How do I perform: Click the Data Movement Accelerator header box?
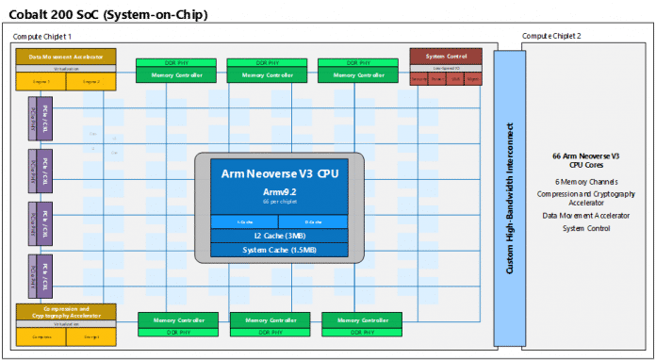[66, 57]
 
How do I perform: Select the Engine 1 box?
[41, 82]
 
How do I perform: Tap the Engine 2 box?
[90, 82]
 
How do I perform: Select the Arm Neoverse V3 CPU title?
[279, 174]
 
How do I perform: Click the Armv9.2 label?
[279, 193]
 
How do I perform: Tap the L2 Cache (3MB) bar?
[279, 235]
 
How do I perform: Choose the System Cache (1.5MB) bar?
[279, 249]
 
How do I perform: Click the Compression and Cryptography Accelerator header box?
[66, 310]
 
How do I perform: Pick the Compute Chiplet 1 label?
[43, 36]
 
